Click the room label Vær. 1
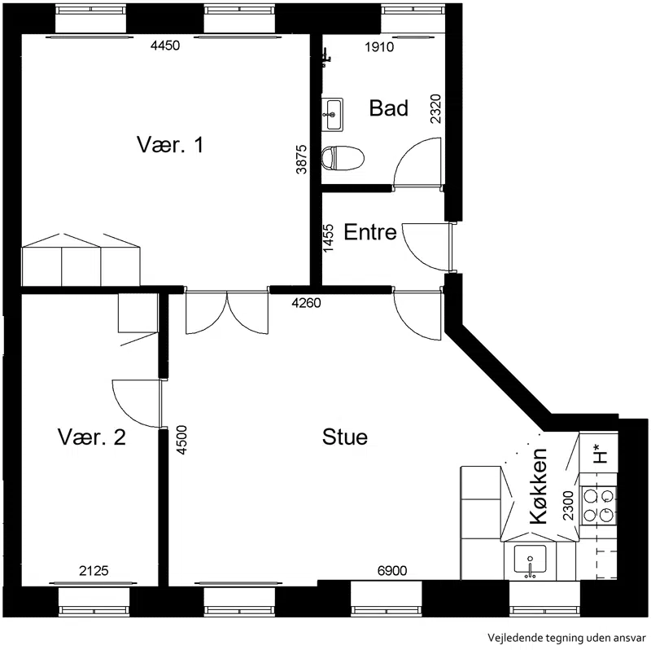[x=170, y=145]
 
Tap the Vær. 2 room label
[x=92, y=437]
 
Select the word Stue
[x=344, y=437]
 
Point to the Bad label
[x=389, y=108]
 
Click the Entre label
[x=370, y=232]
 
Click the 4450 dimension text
[x=165, y=46]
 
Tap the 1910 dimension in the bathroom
[x=379, y=47]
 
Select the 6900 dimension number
[x=392, y=571]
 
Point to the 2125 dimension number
[x=94, y=571]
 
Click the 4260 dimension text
[x=307, y=303]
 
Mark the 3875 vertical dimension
[x=301, y=159]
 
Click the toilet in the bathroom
[x=343, y=158]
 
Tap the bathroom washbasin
[x=332, y=114]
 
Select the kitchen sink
[x=530, y=560]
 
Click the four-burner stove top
[x=598, y=505]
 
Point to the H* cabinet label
[x=601, y=454]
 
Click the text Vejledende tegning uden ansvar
[x=566, y=637]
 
